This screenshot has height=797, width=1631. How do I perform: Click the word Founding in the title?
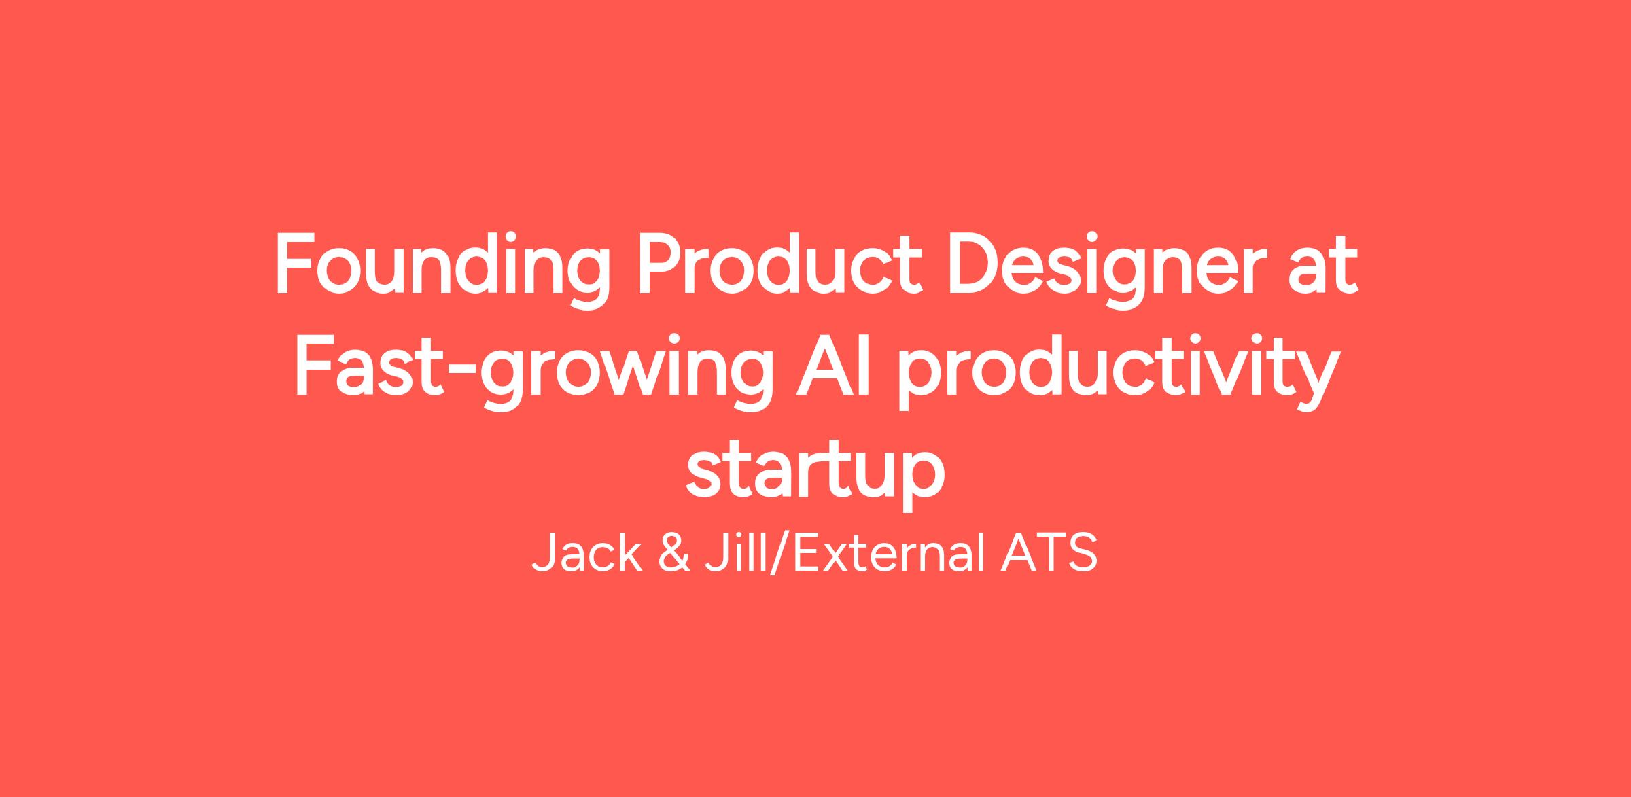tap(442, 271)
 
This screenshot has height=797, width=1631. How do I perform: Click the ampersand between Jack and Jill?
tap(676, 554)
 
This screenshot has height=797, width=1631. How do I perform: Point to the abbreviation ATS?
tap(1049, 554)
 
